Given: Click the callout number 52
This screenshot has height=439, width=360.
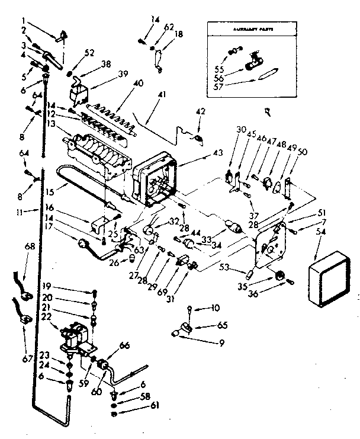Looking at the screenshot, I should tap(90, 52).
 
